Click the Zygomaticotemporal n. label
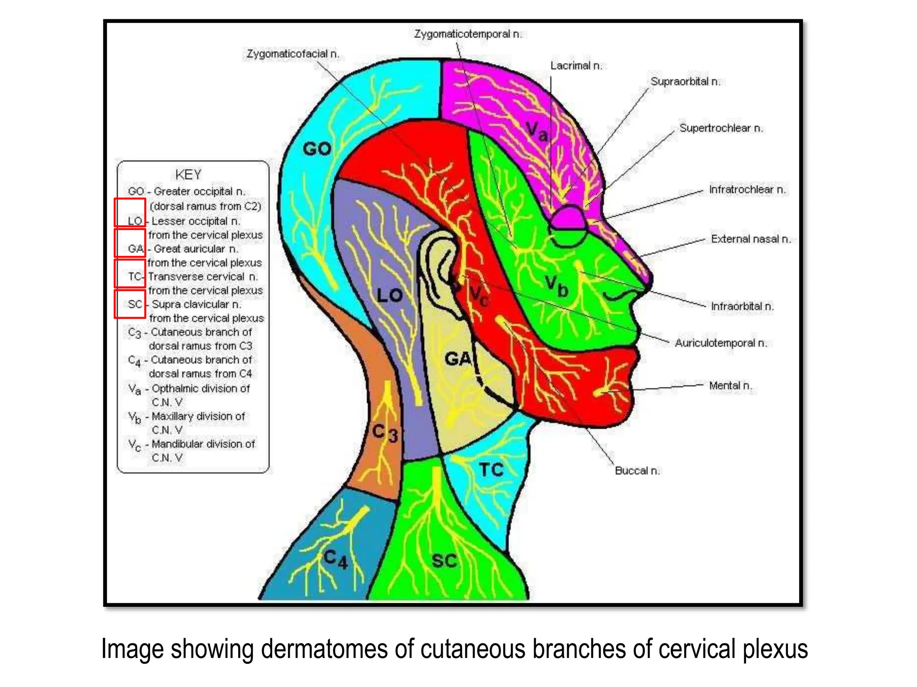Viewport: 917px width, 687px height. [467, 34]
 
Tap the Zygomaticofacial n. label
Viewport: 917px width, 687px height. [293, 54]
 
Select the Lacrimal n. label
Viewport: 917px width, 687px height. [576, 66]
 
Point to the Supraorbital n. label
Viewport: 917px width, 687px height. [685, 81]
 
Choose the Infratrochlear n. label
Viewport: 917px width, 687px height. [747, 190]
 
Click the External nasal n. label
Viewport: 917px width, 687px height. [750, 239]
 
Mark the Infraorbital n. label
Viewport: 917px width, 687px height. [742, 306]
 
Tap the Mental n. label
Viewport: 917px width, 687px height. [730, 386]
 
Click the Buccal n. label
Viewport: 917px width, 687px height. [637, 471]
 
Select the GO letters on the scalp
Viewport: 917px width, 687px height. [317, 148]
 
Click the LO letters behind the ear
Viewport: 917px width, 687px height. [390, 295]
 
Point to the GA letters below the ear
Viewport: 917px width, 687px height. [458, 359]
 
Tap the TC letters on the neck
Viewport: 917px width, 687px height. [491, 470]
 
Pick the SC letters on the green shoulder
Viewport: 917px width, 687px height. [444, 561]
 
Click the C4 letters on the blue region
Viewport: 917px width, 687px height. [335, 559]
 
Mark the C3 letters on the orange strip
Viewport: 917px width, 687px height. [385, 433]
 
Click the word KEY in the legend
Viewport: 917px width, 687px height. [188, 174]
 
